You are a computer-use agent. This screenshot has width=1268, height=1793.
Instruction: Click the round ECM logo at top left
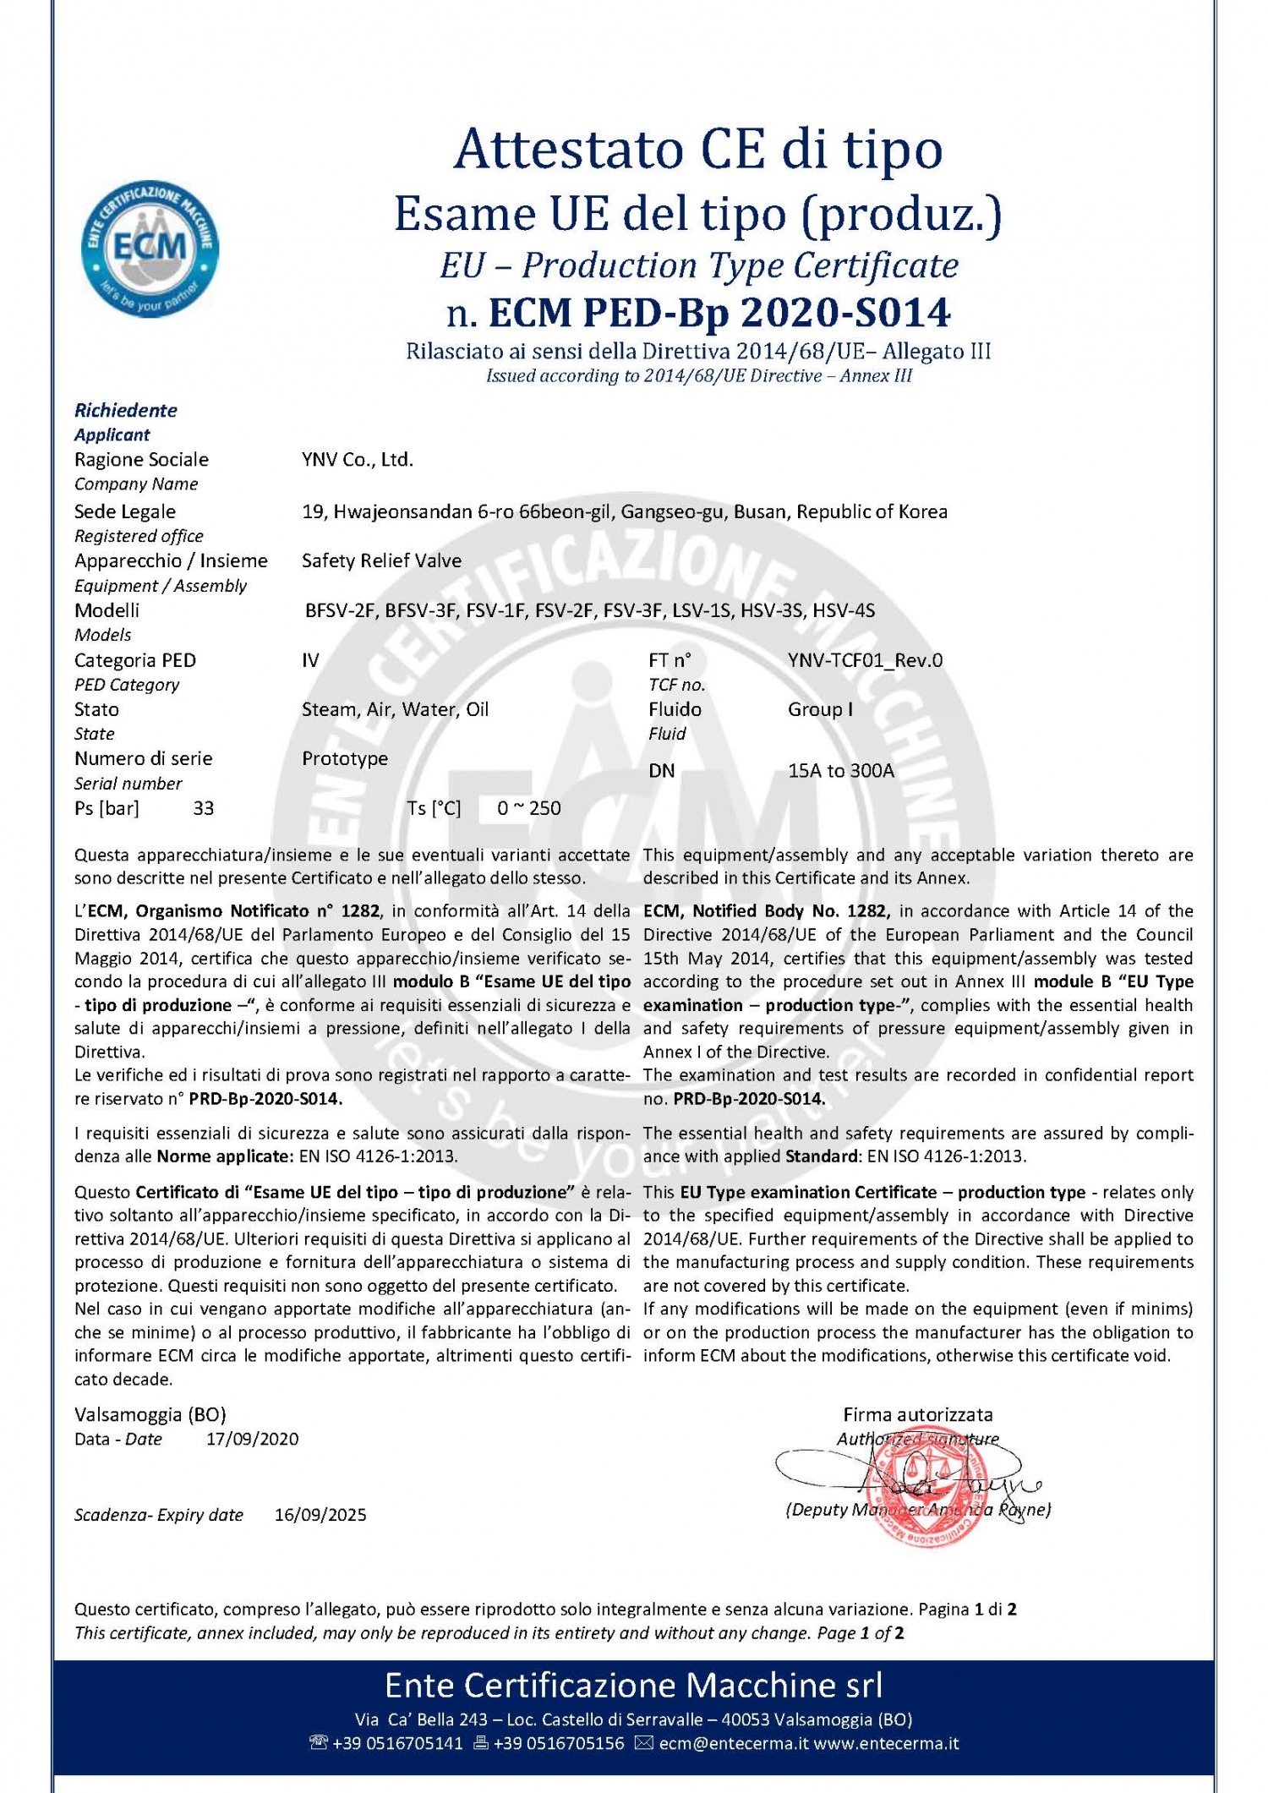click(150, 249)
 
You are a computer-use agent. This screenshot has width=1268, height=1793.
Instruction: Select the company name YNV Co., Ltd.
click(357, 460)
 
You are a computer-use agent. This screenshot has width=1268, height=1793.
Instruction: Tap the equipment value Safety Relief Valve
click(381, 560)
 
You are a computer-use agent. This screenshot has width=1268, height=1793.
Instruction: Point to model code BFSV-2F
click(340, 610)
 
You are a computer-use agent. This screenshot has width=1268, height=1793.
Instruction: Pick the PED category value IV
click(310, 660)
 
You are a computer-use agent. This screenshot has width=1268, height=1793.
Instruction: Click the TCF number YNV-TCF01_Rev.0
click(865, 660)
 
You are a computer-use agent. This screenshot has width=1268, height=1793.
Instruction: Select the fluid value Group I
click(820, 709)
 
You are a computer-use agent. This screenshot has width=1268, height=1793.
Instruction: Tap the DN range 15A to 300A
click(840, 770)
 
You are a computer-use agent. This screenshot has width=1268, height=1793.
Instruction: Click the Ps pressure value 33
click(204, 808)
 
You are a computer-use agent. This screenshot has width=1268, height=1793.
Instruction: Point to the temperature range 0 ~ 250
click(528, 808)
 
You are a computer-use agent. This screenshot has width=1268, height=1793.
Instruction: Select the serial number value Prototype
click(345, 758)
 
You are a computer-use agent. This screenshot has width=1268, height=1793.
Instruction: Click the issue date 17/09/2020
click(253, 1439)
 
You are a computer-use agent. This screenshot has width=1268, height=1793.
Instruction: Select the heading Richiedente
click(125, 410)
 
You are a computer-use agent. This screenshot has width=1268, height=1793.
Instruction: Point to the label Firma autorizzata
click(917, 1414)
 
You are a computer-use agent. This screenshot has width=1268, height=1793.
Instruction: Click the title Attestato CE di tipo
click(698, 149)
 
